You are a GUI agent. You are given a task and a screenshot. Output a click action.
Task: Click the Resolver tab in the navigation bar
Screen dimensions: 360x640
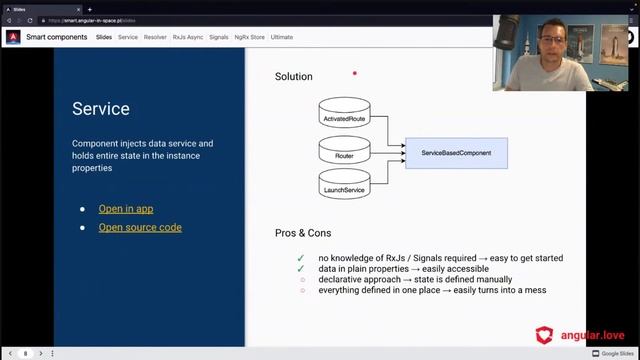click(155, 37)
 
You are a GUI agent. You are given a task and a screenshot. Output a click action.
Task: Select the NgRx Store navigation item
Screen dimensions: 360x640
click(249, 37)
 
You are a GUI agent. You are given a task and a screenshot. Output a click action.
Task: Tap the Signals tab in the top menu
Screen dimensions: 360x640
click(219, 37)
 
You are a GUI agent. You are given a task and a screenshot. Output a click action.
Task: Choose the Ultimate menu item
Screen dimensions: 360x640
click(282, 37)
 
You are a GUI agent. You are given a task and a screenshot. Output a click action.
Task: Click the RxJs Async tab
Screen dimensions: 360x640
click(187, 37)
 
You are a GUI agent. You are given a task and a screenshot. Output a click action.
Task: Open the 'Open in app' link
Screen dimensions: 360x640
click(125, 209)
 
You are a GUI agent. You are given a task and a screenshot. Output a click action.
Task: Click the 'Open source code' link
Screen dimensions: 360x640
click(139, 227)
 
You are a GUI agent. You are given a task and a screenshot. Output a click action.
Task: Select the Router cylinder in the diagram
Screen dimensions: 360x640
click(344, 154)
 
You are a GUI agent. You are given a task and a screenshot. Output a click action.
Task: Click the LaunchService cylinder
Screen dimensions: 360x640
click(344, 186)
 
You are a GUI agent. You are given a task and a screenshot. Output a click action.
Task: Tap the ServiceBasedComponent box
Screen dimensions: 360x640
click(456, 152)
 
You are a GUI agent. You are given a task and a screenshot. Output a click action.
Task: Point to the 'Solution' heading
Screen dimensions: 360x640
click(293, 76)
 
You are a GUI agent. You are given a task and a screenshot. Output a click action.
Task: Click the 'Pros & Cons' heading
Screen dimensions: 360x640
click(303, 233)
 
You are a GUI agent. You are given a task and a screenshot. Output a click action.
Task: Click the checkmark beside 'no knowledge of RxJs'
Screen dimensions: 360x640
click(300, 258)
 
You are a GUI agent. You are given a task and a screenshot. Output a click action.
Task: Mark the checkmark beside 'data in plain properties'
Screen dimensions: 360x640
click(300, 269)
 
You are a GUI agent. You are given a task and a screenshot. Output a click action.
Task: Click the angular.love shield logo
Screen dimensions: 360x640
click(545, 334)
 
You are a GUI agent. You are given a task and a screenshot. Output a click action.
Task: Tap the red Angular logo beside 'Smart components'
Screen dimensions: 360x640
click(14, 38)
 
